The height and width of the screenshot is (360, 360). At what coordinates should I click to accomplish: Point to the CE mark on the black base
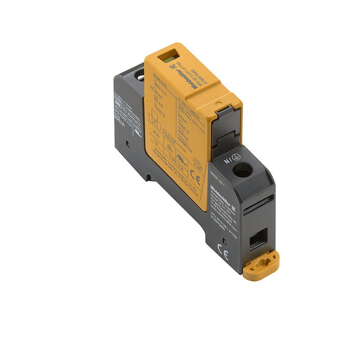[x=223, y=255]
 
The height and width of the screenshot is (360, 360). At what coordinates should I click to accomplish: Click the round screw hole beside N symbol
[x=242, y=170]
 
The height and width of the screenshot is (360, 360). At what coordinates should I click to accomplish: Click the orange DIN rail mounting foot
[x=261, y=265]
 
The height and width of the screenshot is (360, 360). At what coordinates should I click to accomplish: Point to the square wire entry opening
[x=258, y=238]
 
